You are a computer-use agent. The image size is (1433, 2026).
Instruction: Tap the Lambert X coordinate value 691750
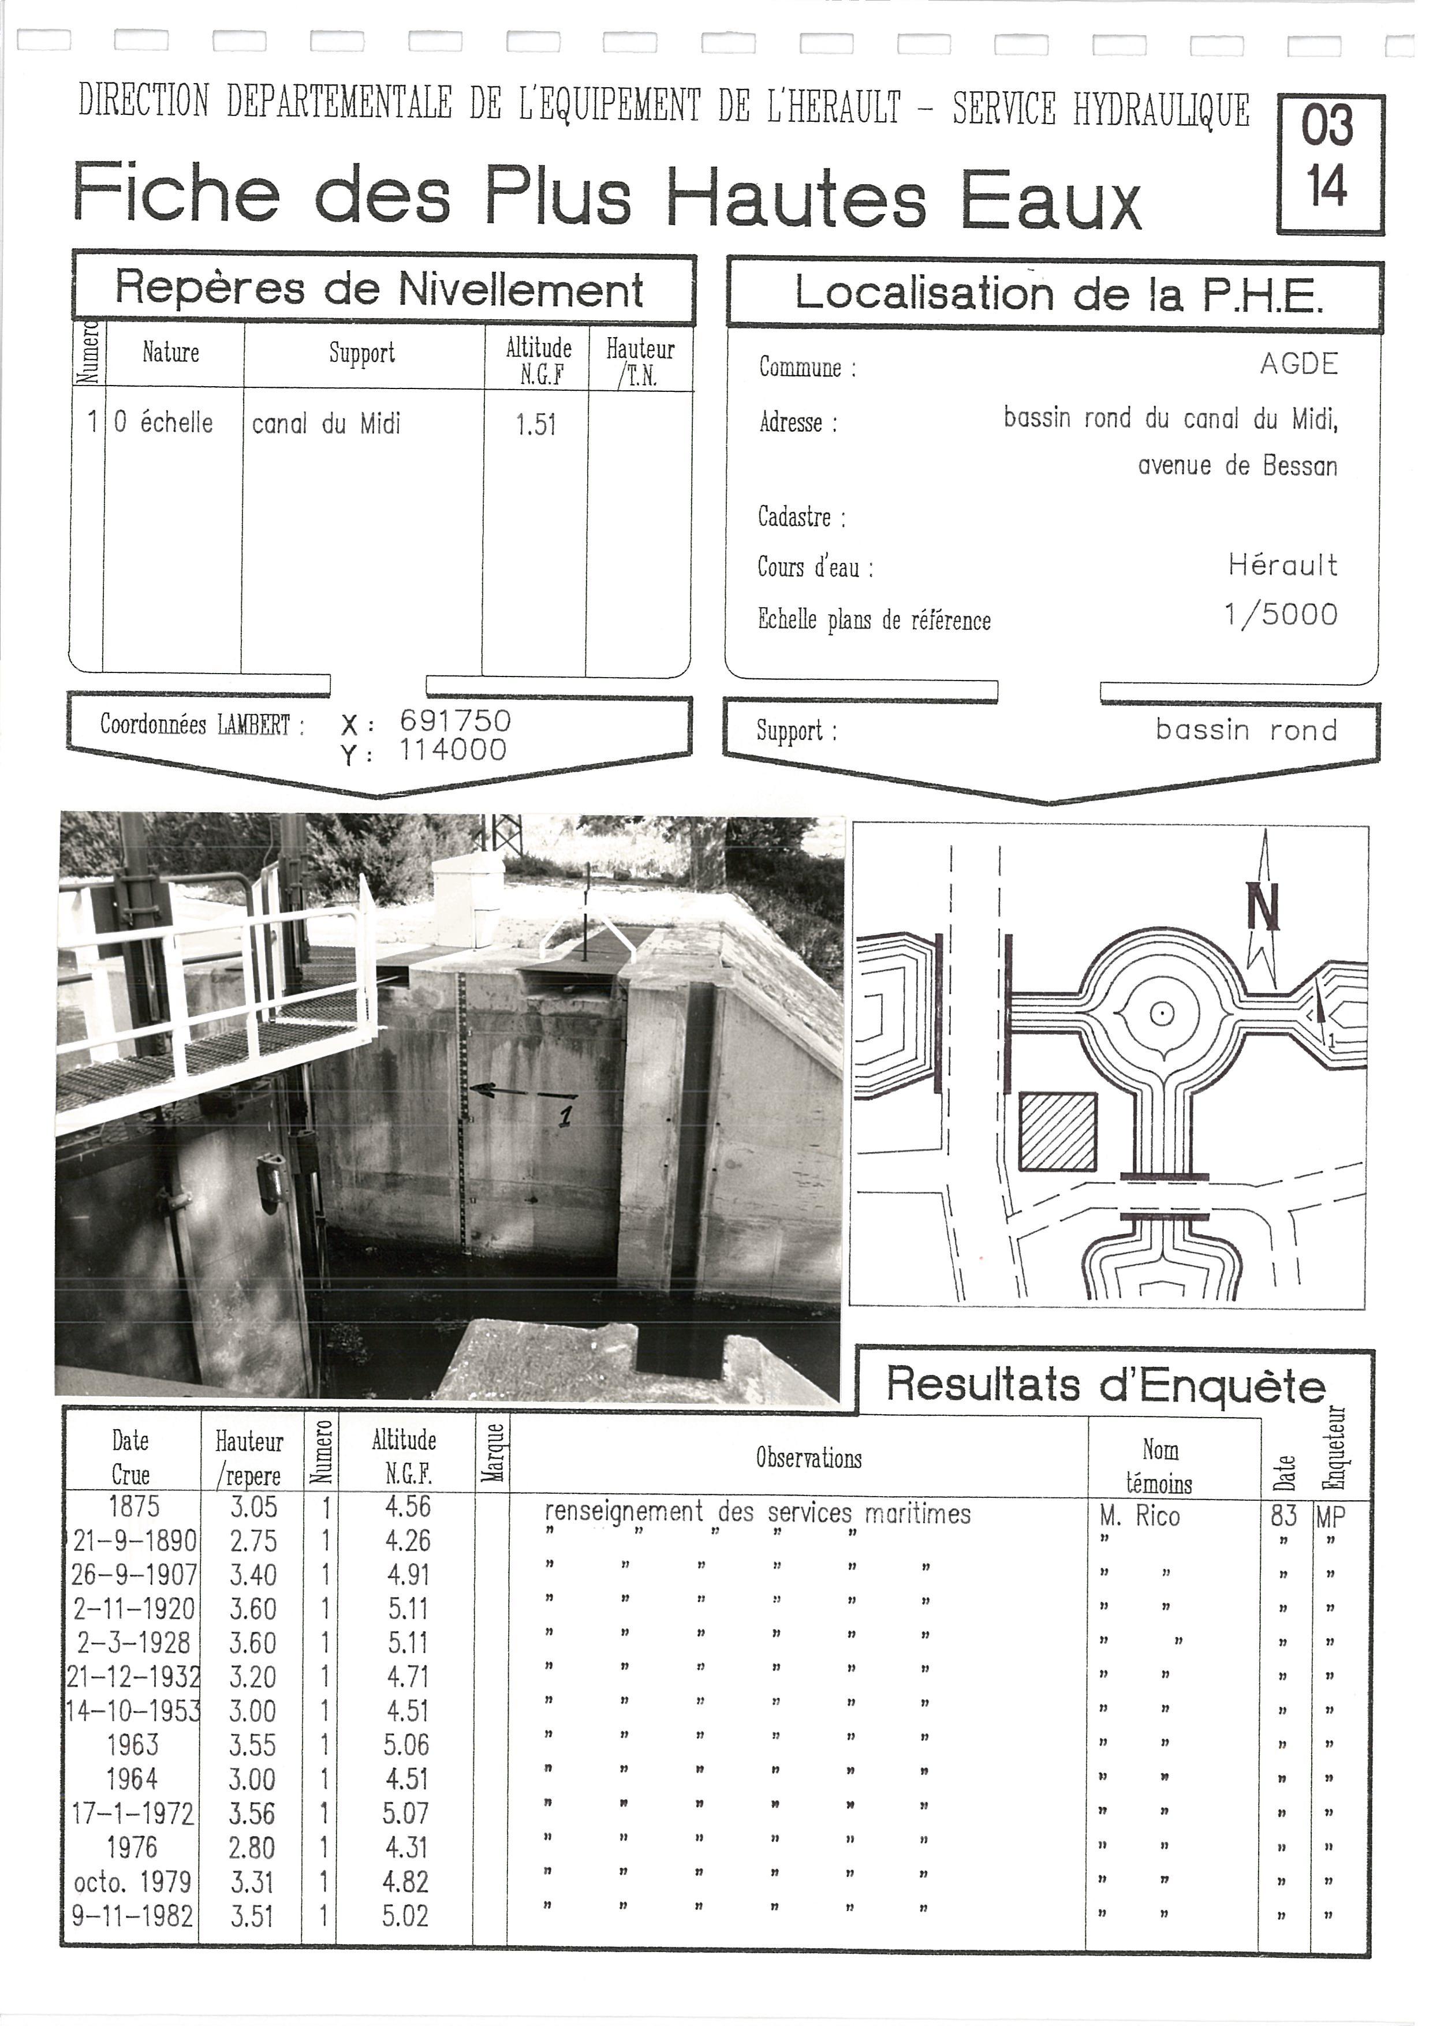coord(456,721)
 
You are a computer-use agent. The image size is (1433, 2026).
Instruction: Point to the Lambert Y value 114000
coord(453,750)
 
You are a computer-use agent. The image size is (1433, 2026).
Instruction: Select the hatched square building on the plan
coord(1058,1132)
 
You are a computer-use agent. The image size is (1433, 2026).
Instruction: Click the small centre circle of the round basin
coord(1162,1014)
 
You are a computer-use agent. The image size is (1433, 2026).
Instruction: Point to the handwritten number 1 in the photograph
coord(566,1115)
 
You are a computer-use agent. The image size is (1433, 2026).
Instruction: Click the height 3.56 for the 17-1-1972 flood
coord(252,1814)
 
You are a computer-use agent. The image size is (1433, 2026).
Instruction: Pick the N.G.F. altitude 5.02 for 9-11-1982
coord(406,1916)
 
